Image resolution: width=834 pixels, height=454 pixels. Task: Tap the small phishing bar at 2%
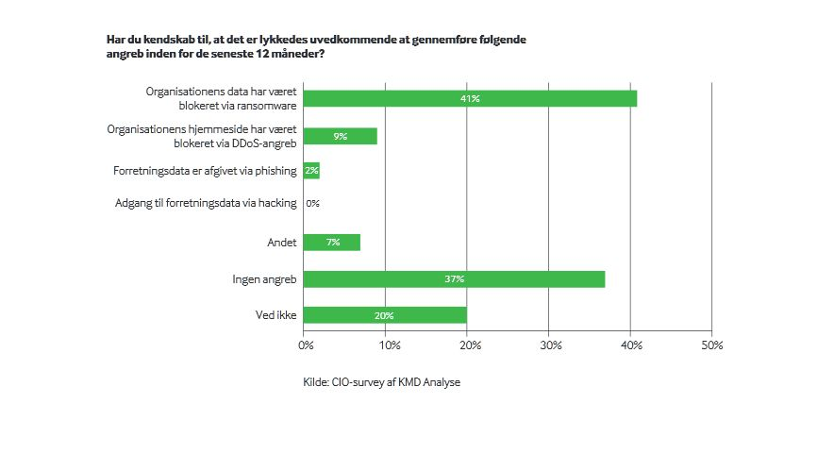click(x=311, y=171)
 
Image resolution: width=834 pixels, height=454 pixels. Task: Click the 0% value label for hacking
click(x=313, y=203)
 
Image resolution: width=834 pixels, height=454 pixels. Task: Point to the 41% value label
click(x=470, y=98)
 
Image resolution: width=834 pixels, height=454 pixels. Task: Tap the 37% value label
click(x=454, y=279)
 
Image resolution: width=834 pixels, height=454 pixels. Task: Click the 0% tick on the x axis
click(x=306, y=345)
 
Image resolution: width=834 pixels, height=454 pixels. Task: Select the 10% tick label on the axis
click(x=387, y=345)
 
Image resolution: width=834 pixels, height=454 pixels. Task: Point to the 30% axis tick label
click(x=549, y=345)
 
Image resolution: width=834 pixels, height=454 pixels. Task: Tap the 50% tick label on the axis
click(x=711, y=345)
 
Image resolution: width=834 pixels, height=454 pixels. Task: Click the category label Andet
click(x=282, y=243)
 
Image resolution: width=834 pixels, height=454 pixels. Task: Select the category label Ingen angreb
click(x=264, y=279)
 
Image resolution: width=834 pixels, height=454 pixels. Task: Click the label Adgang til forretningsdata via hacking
click(x=206, y=203)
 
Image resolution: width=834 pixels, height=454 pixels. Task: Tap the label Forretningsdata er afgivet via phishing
click(x=205, y=171)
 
